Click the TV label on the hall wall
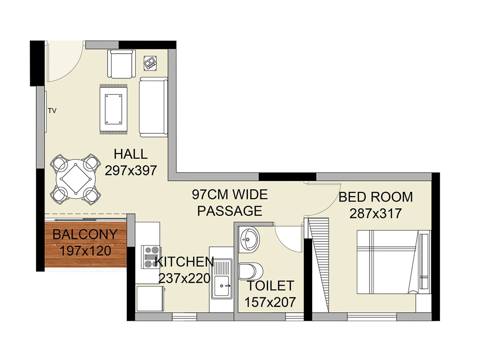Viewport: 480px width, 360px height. click(x=52, y=111)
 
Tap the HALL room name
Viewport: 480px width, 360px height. click(x=130, y=154)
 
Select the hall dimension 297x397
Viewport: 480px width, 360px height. click(x=130, y=170)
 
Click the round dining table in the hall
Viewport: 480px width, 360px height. click(x=75, y=179)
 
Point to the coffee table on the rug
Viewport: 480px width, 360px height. click(x=113, y=109)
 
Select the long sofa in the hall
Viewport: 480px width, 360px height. click(x=153, y=107)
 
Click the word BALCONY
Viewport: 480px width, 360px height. click(x=85, y=234)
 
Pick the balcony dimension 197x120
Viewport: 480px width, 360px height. click(x=85, y=251)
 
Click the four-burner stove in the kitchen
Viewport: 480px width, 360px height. click(x=151, y=257)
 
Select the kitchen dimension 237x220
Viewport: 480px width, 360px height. click(x=184, y=278)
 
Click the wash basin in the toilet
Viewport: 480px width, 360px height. click(x=249, y=239)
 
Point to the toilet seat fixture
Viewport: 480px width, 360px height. click(x=250, y=271)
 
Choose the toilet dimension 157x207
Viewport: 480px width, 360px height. click(x=270, y=302)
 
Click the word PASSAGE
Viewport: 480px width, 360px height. click(x=229, y=211)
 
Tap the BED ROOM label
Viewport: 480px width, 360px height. click(x=376, y=197)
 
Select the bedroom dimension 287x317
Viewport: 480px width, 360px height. click(x=375, y=214)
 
